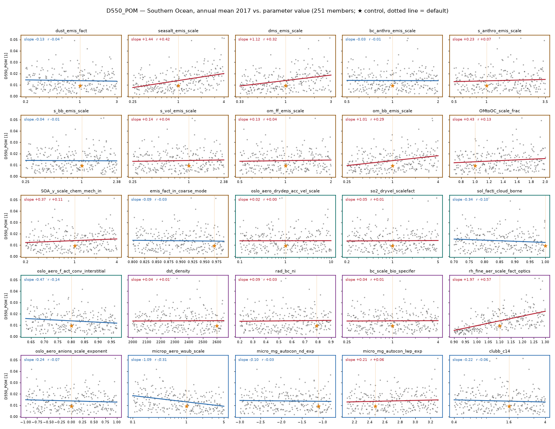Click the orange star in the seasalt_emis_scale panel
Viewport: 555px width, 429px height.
pyautogui.click(x=178, y=86)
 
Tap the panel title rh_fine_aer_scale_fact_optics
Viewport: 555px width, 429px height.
pyautogui.click(x=499, y=271)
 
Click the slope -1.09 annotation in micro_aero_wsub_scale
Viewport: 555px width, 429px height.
pyautogui.click(x=141, y=359)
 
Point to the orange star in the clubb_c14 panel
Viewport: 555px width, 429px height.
pyautogui.click(x=509, y=406)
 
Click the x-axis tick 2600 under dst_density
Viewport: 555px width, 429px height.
pyautogui.click(x=217, y=342)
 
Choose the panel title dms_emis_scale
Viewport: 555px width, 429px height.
pyautogui.click(x=285, y=31)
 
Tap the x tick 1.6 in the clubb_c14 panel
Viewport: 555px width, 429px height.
pyautogui.click(x=509, y=422)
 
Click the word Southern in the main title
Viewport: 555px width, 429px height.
pyautogui.click(x=158, y=11)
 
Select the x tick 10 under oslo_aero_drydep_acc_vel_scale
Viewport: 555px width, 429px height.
pyautogui.click(x=331, y=262)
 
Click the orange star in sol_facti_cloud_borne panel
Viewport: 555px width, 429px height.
pyautogui.click(x=545, y=246)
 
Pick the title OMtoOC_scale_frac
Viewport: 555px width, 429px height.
pyautogui.click(x=499, y=111)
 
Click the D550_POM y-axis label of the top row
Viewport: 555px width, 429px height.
pyautogui.click(x=6, y=66)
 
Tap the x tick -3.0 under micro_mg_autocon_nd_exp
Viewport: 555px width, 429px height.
pyautogui.click(x=240, y=422)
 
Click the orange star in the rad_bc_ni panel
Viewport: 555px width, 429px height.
pyautogui.click(x=317, y=326)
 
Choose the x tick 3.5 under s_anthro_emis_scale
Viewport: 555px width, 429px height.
pyautogui.click(x=545, y=102)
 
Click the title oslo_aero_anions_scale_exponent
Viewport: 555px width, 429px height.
pyautogui.click(x=71, y=351)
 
